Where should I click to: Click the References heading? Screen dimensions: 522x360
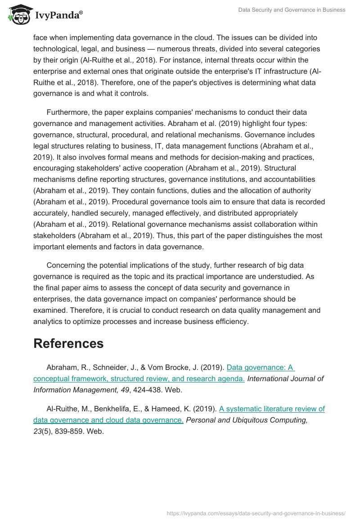pyautogui.click(x=68, y=343)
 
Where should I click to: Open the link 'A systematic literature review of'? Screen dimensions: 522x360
pyautogui.click(x=272, y=409)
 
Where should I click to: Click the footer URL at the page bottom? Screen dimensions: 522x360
pyautogui.click(x=256, y=513)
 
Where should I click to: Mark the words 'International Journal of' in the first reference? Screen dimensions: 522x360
pyautogui.click(x=285, y=378)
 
